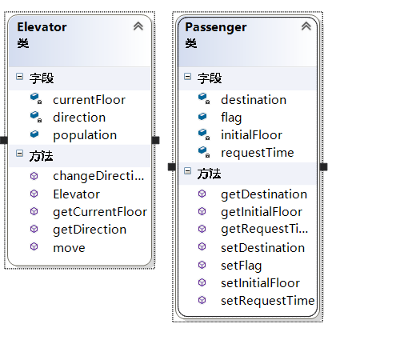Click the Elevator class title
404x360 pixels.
(x=42, y=27)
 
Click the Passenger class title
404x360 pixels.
(x=216, y=28)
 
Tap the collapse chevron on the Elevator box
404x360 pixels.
(x=138, y=26)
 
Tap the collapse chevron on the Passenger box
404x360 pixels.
(x=306, y=26)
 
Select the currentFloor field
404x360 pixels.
(x=89, y=100)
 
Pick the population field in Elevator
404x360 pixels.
(x=85, y=135)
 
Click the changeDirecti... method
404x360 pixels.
(x=98, y=176)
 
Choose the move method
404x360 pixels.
(x=69, y=248)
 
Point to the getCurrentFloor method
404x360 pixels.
(x=100, y=212)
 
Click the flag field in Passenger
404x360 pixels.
(x=231, y=118)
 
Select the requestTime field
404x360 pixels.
(x=258, y=153)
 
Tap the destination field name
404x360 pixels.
(x=254, y=100)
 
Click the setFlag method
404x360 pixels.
(x=242, y=266)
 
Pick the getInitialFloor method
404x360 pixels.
(x=262, y=212)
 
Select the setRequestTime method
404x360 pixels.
(x=268, y=301)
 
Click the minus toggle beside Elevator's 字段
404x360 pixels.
(x=19, y=77)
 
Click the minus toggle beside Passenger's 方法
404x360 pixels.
(x=187, y=171)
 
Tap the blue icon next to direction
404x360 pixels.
(x=36, y=117)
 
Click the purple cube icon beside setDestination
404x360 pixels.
(x=202, y=246)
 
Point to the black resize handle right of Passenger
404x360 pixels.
(x=323, y=167)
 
